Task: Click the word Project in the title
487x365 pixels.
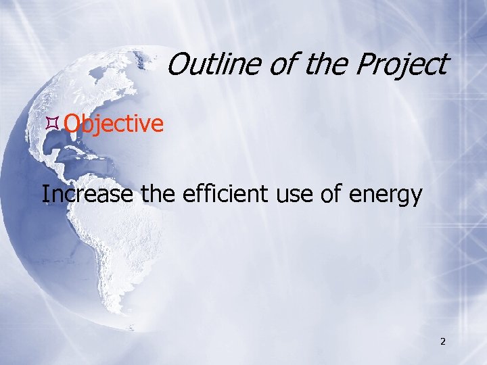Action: point(400,65)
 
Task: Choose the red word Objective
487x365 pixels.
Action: point(114,124)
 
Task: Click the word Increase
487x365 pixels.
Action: point(88,195)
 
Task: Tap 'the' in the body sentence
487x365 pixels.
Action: point(161,195)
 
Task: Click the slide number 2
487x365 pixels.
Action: point(442,341)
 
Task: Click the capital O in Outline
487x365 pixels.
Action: point(177,65)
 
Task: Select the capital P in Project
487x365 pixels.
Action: point(363,65)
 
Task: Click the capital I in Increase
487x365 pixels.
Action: point(45,195)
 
